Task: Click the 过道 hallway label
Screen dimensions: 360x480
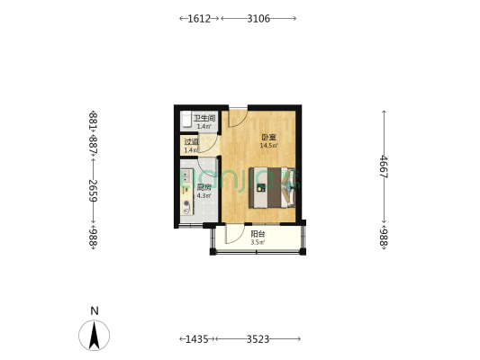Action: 191,142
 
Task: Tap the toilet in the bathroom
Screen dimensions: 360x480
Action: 186,120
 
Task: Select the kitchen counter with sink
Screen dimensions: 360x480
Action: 186,189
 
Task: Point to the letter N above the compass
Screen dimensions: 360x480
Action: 94,311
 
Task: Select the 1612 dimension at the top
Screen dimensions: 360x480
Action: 199,18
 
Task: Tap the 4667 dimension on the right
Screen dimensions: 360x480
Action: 384,167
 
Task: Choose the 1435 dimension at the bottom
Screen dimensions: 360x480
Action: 196,338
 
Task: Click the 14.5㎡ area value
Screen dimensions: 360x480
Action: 268,146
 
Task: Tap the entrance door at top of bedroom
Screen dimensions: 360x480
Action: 237,117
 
